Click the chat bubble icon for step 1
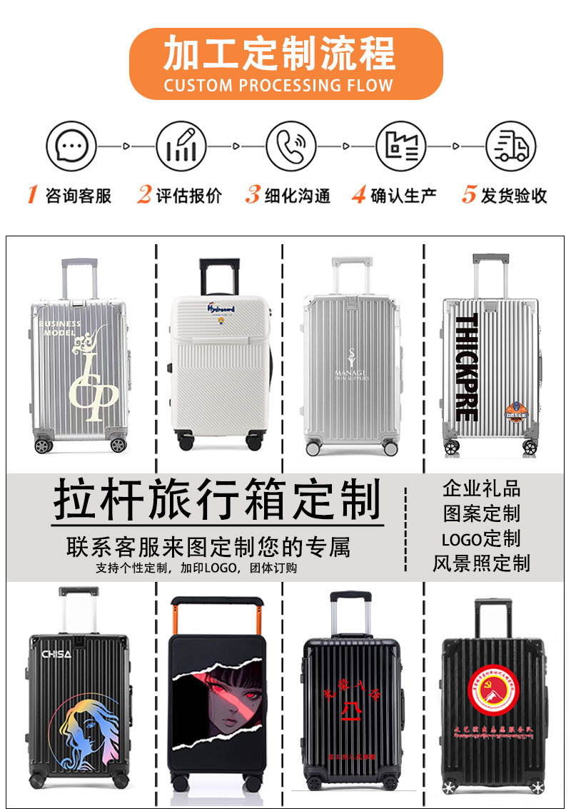tap(71, 146)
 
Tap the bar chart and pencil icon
tap(181, 146)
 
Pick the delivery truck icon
tap(511, 146)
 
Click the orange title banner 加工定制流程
tap(285, 64)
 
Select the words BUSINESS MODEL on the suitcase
tap(60, 328)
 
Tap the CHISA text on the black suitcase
tap(56, 654)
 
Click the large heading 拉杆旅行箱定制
tap(217, 500)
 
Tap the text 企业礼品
tap(482, 489)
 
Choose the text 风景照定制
tap(482, 563)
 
